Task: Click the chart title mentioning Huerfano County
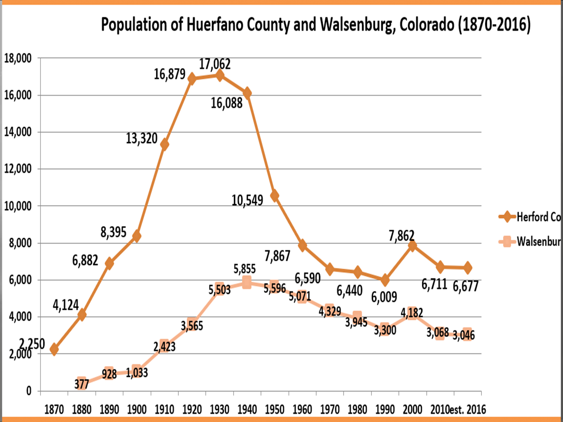[316, 25]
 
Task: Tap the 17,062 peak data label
[215, 64]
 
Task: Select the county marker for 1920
[192, 78]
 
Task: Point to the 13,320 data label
[142, 138]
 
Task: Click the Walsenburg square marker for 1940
[247, 282]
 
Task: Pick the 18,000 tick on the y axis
[18, 58]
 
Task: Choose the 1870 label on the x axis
[54, 410]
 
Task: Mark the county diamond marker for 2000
[412, 245]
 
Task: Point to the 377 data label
[82, 384]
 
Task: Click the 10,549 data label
[247, 200]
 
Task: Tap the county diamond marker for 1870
[54, 349]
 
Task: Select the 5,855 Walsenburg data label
[245, 269]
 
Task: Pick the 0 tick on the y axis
[29, 391]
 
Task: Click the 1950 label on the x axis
[274, 410]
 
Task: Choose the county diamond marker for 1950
[274, 196]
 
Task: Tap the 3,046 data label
[463, 335]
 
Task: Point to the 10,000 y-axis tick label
[18, 206]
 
